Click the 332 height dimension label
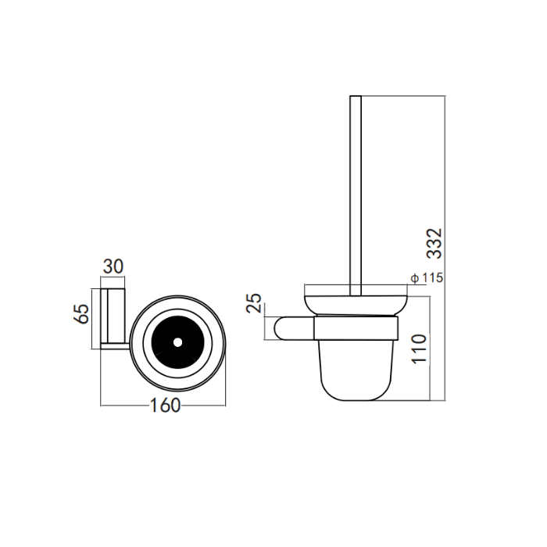(x=434, y=244)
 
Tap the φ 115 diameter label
(x=427, y=278)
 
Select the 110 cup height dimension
(x=419, y=349)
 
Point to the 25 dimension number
(x=254, y=303)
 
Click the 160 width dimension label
(x=165, y=406)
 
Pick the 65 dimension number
(x=81, y=313)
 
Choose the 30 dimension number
(x=113, y=267)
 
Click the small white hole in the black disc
(x=177, y=343)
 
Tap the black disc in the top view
(x=177, y=343)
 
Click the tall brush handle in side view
(x=356, y=195)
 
